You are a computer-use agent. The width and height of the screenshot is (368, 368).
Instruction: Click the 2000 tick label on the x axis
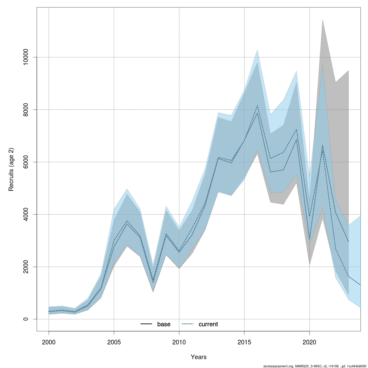tap(49, 342)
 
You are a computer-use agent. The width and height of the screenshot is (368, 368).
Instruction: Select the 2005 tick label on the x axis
tap(114, 342)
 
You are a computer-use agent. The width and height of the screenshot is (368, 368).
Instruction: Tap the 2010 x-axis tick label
tap(179, 342)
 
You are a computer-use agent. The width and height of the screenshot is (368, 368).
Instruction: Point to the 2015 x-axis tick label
tap(244, 342)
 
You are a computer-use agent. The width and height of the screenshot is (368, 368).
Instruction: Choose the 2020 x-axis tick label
tap(309, 342)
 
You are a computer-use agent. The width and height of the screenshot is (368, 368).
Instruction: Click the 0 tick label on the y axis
tap(26, 319)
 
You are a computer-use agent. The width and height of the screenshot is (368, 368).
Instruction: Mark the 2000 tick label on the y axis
tap(26, 267)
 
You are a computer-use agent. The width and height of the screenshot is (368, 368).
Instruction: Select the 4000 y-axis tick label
tap(26, 214)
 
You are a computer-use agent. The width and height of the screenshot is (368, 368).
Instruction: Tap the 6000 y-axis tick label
tap(26, 162)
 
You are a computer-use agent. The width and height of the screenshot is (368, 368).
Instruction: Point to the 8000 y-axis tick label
tap(26, 109)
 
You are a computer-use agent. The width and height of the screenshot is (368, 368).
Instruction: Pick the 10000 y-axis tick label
tap(26, 57)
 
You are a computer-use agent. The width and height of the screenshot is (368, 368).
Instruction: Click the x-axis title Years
tap(199, 357)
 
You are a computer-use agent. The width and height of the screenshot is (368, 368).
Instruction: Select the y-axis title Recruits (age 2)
tap(11, 170)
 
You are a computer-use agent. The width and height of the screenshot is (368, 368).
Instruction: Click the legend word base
tap(164, 324)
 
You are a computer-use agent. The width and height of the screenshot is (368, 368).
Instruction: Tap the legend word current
tap(208, 324)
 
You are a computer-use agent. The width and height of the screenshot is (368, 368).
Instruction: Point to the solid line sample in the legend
tap(146, 324)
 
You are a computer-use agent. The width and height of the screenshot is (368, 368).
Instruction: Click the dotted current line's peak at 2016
tap(257, 106)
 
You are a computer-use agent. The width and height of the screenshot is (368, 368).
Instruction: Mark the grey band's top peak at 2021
tap(322, 19)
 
